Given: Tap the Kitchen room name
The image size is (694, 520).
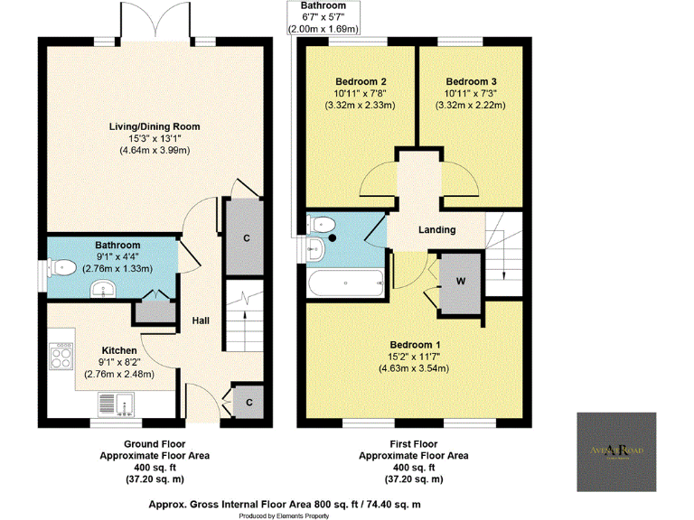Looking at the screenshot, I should point(119,350).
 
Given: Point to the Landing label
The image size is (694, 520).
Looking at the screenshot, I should point(436,229).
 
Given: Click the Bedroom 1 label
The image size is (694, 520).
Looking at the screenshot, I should point(415,345).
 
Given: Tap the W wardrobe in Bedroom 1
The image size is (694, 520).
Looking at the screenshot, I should point(461,281).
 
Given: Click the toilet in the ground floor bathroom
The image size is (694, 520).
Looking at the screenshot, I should point(62,266).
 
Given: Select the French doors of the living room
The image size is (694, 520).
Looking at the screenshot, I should point(155,23).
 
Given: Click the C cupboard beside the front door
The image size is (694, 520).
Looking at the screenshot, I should point(247,399).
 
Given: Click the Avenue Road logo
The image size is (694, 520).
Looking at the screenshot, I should point(618,449).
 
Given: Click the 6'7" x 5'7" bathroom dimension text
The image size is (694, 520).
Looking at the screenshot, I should point(323,17).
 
